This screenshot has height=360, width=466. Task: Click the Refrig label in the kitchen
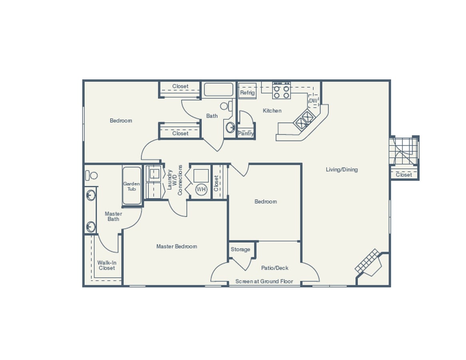point(247,93)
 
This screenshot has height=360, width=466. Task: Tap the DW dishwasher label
point(313,101)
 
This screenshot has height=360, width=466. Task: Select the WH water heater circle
point(201,189)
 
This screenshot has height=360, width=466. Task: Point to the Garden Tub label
point(132,186)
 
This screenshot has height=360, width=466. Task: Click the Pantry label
point(246,134)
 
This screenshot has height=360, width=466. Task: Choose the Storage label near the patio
point(240,250)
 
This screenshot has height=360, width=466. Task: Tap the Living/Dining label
point(342,170)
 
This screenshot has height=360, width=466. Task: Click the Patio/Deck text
point(275,268)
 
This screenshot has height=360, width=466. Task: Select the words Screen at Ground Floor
point(264,282)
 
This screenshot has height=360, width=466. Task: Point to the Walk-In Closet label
point(107,266)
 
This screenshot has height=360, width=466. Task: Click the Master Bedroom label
point(176,247)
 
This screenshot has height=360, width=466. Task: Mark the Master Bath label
point(113,216)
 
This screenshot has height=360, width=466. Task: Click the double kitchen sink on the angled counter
point(304,120)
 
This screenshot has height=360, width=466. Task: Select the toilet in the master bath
point(92,175)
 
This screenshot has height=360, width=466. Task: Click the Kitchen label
point(272,111)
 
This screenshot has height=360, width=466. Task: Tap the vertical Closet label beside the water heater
point(216,183)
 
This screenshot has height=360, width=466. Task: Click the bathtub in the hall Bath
point(218,90)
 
